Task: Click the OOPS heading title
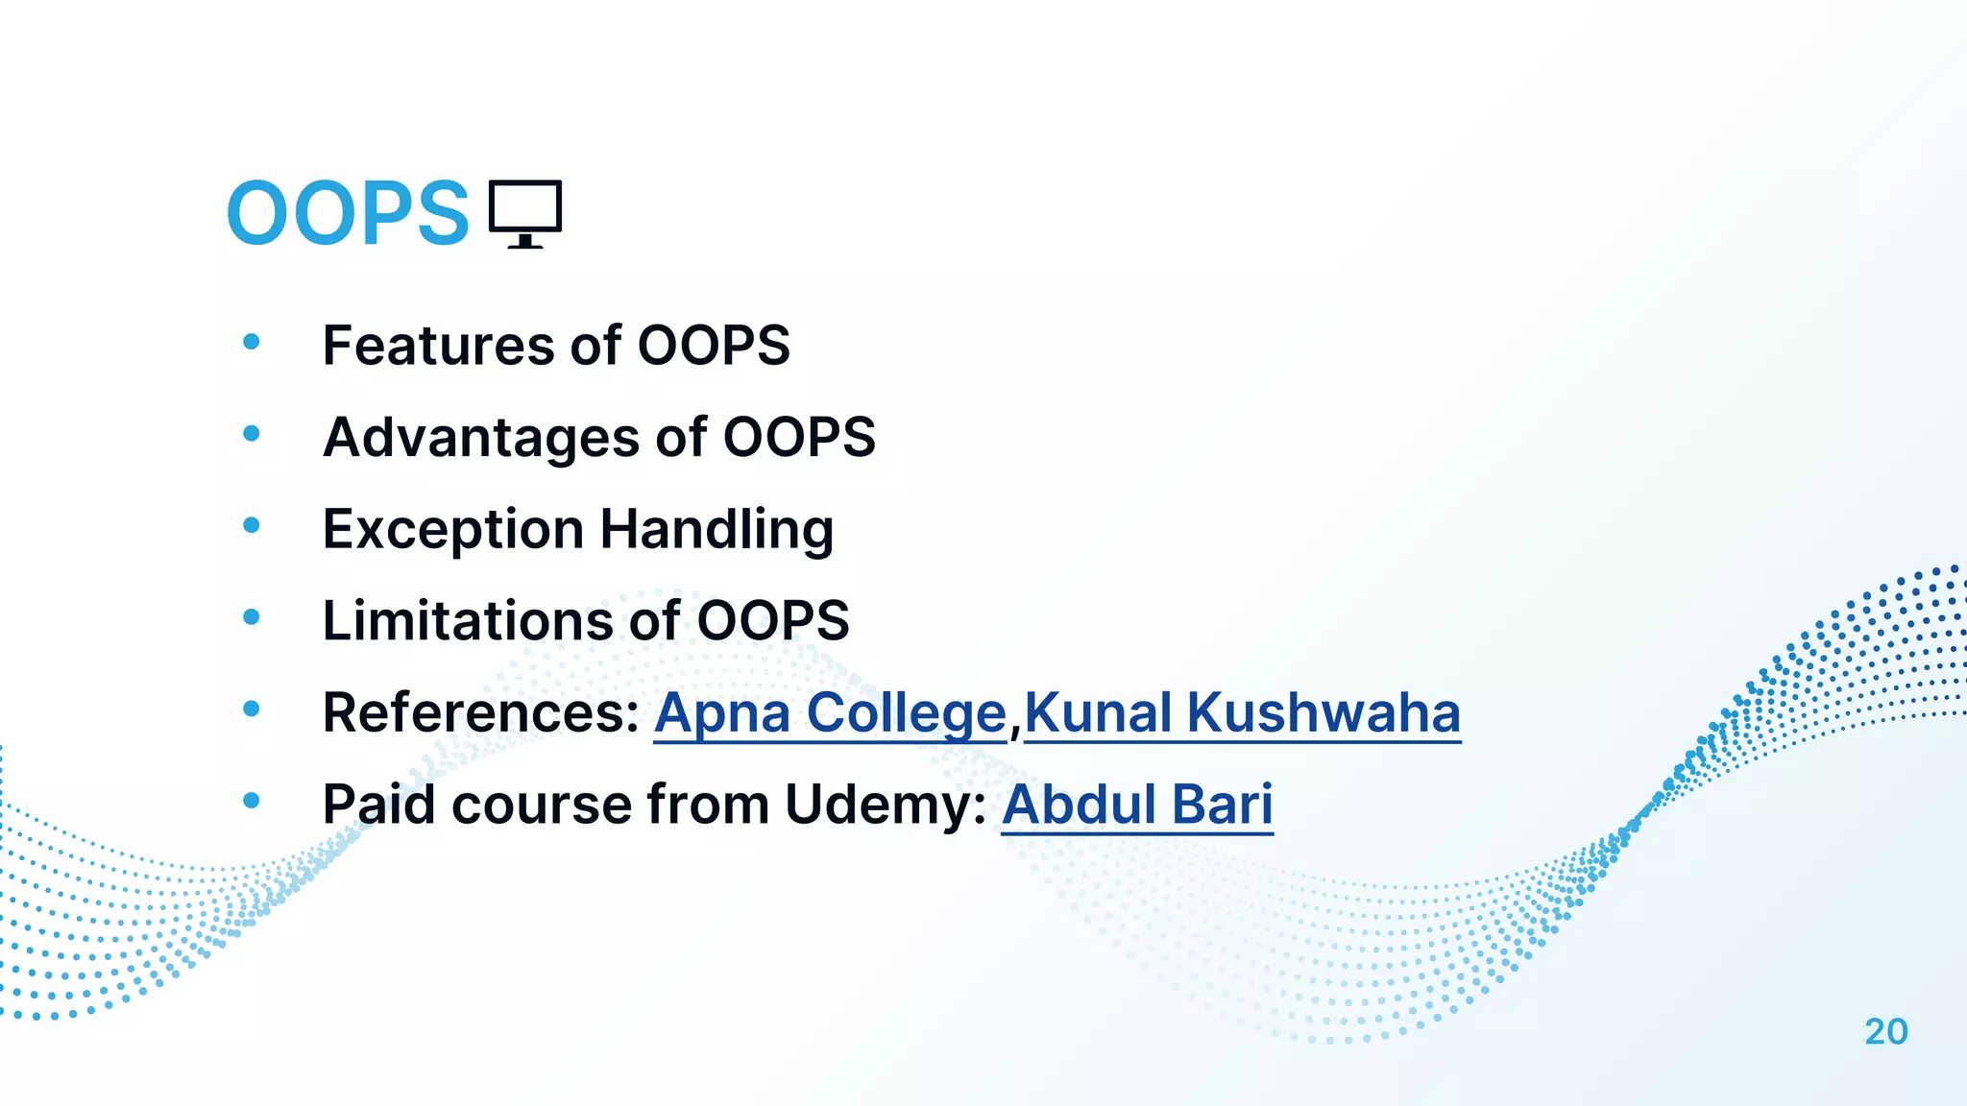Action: tap(348, 213)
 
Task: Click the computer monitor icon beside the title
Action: tap(524, 213)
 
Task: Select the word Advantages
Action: tap(481, 438)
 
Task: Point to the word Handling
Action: tap(716, 530)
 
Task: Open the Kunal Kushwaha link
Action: tap(1242, 713)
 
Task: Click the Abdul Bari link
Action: tap(1137, 805)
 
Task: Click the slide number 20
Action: tap(1885, 1032)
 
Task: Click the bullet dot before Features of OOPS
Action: tap(252, 342)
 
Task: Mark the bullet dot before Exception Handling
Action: tap(252, 525)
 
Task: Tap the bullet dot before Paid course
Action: tap(252, 801)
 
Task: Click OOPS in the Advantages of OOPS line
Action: tap(799, 438)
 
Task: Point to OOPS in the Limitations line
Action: tap(772, 621)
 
